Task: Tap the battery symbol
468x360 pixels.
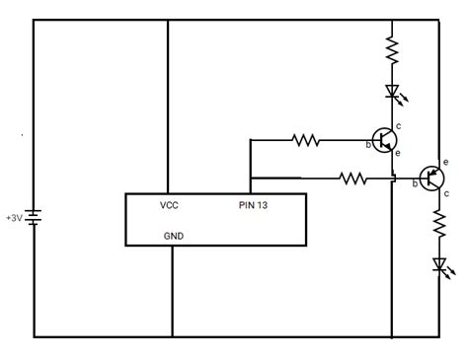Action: pyautogui.click(x=35, y=217)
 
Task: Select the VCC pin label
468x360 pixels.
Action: pyautogui.click(x=169, y=205)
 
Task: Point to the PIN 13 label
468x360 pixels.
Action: pyautogui.click(x=259, y=205)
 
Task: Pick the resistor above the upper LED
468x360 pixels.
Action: pyautogui.click(x=392, y=47)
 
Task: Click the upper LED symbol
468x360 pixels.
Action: pyautogui.click(x=392, y=94)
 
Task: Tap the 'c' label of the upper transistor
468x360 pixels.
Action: pyautogui.click(x=398, y=126)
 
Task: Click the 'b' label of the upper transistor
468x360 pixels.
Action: pyautogui.click(x=367, y=146)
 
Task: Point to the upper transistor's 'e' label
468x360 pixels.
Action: pyautogui.click(x=398, y=154)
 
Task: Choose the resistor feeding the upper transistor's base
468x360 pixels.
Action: pyautogui.click(x=307, y=140)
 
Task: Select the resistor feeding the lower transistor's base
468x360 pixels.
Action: pyautogui.click(x=352, y=179)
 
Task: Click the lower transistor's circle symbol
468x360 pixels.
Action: pyautogui.click(x=431, y=178)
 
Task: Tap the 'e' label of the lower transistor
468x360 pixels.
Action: pyautogui.click(x=446, y=162)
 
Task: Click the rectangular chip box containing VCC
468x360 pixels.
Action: pyautogui.click(x=215, y=219)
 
